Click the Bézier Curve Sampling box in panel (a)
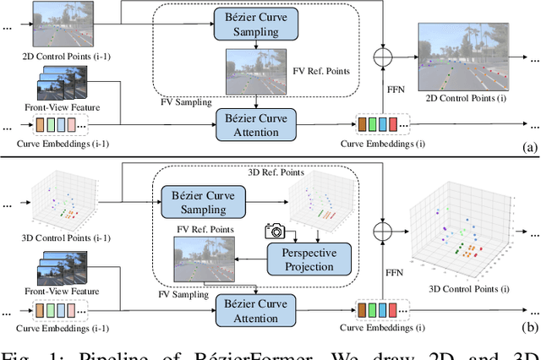coord(251,25)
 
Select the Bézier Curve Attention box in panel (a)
coord(251,123)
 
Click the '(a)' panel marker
coord(530,147)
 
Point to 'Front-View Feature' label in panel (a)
coord(60,109)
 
